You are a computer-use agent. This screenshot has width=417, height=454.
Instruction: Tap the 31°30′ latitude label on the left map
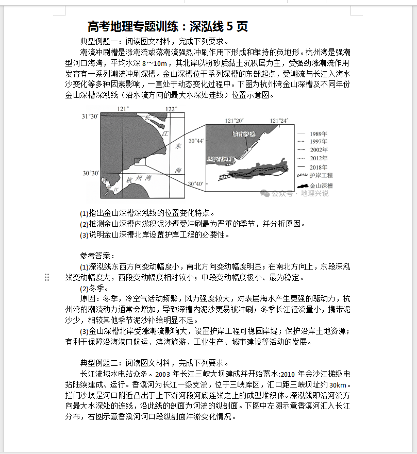[90, 117]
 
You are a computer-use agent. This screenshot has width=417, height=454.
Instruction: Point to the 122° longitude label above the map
[171, 109]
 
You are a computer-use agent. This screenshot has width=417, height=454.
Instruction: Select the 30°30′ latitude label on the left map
[90, 173]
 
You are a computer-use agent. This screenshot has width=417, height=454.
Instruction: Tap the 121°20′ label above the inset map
[234, 121]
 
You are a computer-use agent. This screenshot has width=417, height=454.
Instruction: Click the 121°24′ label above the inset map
[278, 121]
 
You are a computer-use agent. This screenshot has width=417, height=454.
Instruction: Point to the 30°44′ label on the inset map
[196, 141]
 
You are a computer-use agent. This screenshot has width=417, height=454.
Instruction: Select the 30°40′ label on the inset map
[196, 183]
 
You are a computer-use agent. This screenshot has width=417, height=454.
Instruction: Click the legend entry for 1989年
[318, 134]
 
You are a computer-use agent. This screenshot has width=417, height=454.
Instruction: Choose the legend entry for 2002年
[318, 149]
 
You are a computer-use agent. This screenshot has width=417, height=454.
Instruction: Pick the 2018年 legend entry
[318, 167]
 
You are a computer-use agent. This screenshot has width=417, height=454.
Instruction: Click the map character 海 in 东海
[177, 170]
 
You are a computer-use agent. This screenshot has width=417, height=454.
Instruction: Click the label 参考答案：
[98, 255]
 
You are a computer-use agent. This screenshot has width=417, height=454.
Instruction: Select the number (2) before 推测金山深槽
[84, 224]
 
